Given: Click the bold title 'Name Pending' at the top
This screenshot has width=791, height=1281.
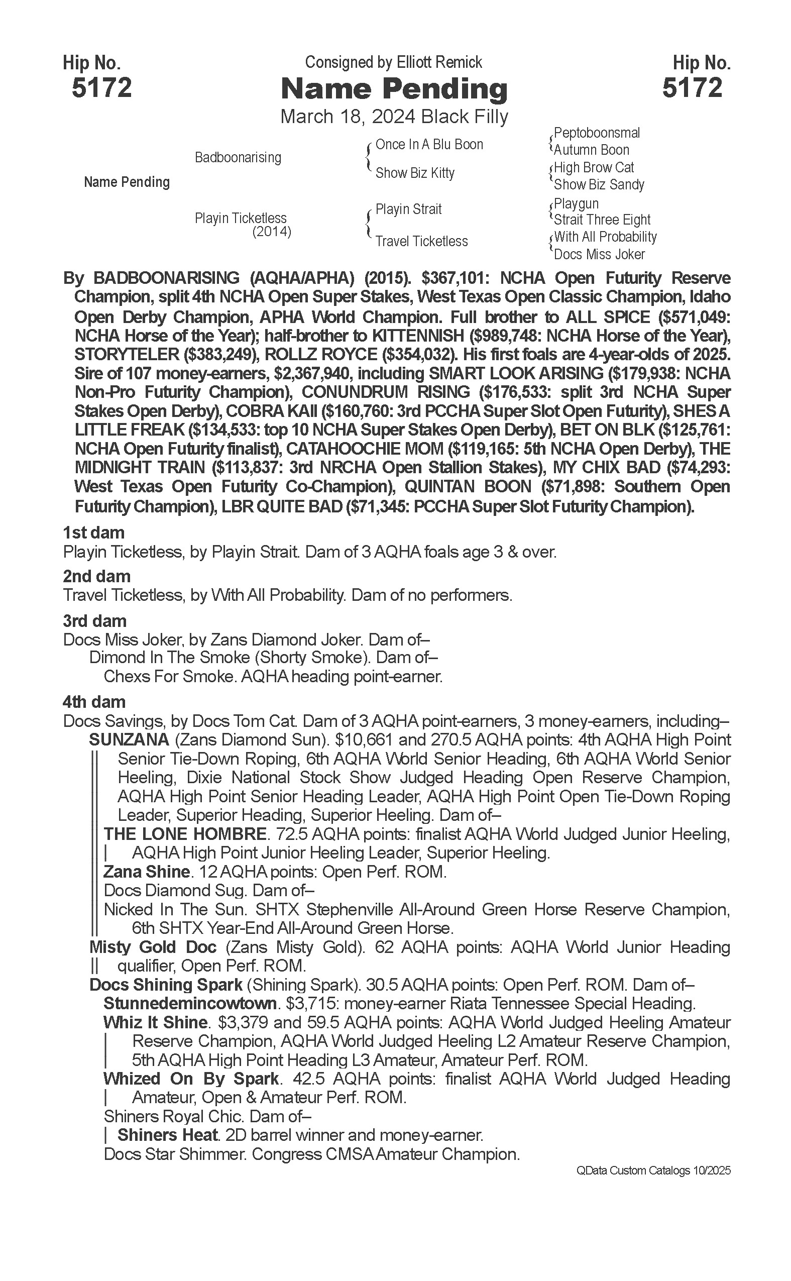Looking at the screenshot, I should pos(394,89).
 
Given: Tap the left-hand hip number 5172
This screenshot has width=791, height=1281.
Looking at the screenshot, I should pos(101,87).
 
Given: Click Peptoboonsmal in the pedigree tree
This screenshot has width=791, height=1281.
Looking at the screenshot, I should pos(597,133).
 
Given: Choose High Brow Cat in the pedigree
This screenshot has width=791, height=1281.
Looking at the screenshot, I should pos(594,167).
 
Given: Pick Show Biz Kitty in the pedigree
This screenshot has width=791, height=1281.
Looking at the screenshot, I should pos(415,173).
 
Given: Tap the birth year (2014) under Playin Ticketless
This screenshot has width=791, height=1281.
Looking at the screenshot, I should pos(272,231).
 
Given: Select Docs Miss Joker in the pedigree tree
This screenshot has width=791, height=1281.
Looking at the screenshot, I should pos(599,254).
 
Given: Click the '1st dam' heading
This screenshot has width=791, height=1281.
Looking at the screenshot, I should pos(93,532).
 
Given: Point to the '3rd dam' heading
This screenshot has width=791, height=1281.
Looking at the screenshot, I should pos(95,620).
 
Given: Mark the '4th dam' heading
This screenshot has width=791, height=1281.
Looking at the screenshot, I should pos(94,702).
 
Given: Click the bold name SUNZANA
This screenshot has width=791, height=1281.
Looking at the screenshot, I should pos(129,739).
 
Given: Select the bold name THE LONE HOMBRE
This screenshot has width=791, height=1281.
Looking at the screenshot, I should pos(185,833).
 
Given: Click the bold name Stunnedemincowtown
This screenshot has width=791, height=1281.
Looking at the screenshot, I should pos(190,1003).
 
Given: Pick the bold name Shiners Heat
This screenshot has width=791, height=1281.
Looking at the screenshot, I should pos(167,1135).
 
